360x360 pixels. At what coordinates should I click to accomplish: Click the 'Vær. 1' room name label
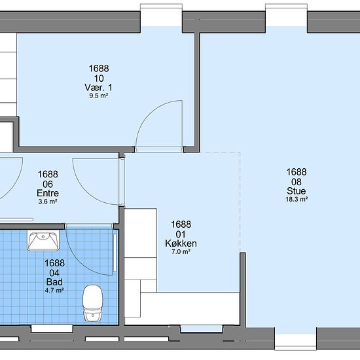98,87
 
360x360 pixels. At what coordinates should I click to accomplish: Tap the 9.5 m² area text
99,96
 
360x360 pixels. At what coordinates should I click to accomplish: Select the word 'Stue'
296,190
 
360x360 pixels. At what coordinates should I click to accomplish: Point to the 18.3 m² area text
297,199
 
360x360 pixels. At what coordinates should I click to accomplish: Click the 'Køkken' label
181,243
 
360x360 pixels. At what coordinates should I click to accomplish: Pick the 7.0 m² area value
181,251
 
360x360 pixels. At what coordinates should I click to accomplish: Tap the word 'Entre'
48,193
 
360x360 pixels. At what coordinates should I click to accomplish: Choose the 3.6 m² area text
48,202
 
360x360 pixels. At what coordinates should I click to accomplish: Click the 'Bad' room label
54,281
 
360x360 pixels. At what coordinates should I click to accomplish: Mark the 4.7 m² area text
54,290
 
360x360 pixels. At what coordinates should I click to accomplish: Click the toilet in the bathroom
93,303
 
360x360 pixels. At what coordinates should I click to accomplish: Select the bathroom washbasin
43,240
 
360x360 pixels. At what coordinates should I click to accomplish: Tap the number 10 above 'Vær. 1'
99,79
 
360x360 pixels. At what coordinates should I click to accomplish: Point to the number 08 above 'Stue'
297,182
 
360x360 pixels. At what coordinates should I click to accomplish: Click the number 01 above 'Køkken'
181,234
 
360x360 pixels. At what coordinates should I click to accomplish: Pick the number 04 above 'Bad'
54,273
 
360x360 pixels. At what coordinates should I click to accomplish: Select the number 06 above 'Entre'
48,184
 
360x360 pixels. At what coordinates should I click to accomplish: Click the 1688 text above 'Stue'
297,171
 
